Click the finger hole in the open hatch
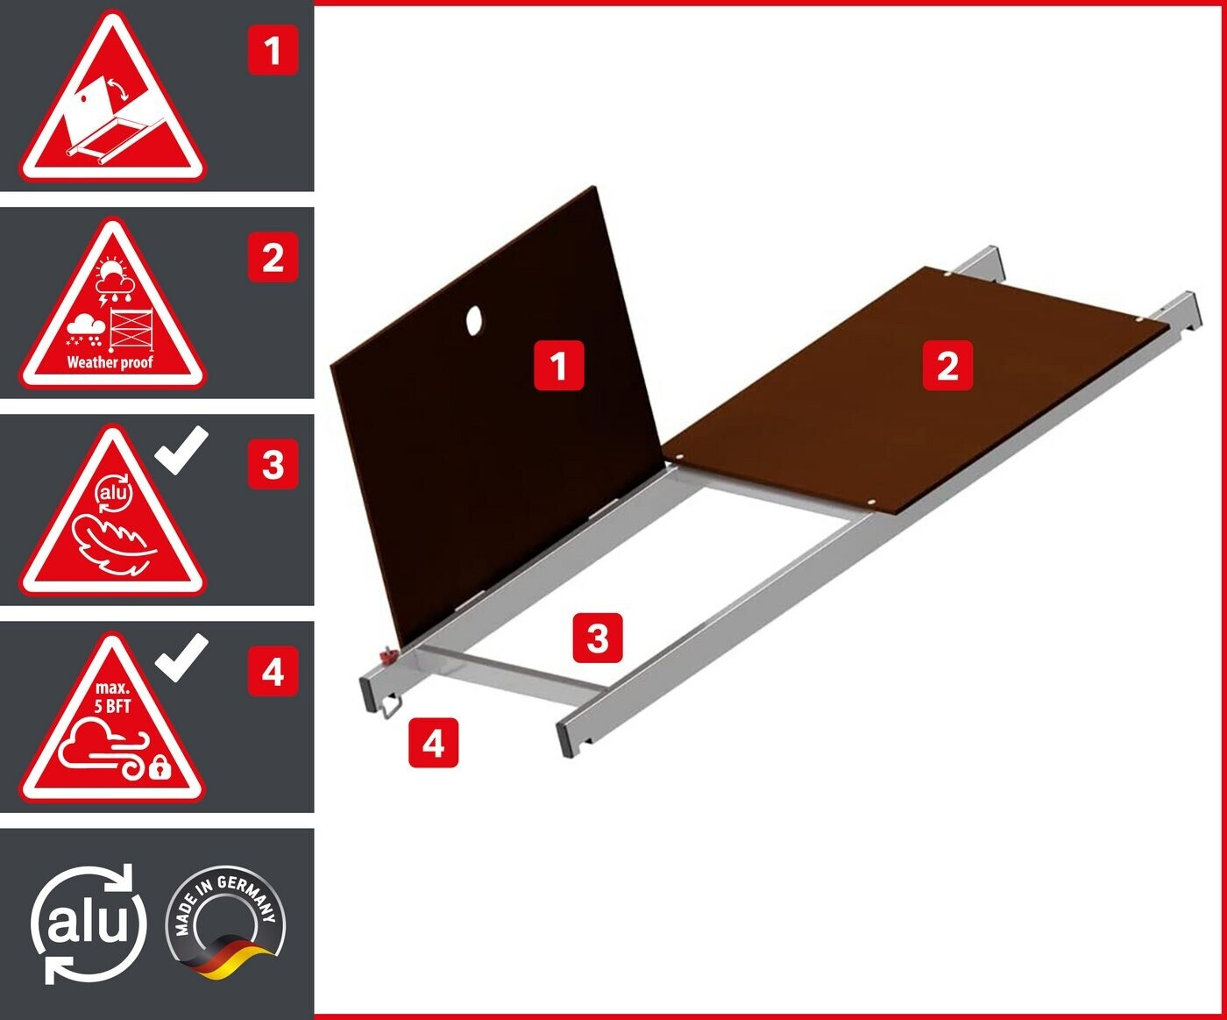473,321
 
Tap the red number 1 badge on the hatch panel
559,366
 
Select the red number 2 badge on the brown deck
947,366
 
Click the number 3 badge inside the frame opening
598,638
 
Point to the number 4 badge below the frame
434,743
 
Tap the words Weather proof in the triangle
110,362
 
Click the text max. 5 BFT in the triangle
112,697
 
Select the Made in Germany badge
225,926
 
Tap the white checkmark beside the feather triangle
181,449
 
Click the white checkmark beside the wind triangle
181,657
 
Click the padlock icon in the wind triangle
160,768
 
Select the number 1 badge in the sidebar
273,50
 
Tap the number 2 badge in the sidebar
273,257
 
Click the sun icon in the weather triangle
111,269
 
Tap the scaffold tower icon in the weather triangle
131,330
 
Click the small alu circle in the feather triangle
113,492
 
